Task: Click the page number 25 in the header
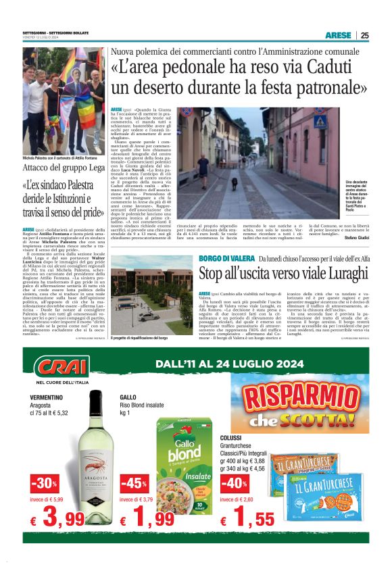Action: [x=365, y=35]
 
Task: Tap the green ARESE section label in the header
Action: [x=338, y=35]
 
